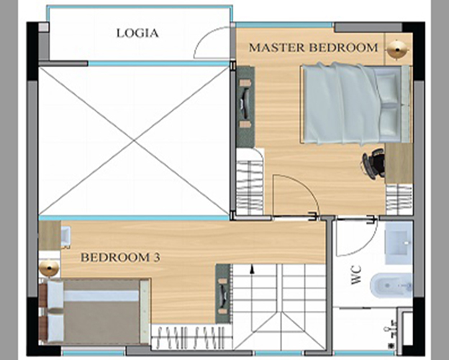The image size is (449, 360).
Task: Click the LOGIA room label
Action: [137, 33]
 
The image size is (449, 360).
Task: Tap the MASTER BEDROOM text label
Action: [313, 48]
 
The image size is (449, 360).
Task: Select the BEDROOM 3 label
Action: [120, 257]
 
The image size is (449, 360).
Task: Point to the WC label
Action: [356, 275]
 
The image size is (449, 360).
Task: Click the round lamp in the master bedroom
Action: [397, 50]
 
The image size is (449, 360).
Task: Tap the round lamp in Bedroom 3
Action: [49, 268]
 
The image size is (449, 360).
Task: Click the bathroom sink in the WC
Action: [399, 243]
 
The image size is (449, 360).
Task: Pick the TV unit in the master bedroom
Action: [245, 107]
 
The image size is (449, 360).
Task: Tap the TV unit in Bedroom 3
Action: [223, 294]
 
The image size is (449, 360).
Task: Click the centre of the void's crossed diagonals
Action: [134, 140]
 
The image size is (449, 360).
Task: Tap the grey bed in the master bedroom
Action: [356, 104]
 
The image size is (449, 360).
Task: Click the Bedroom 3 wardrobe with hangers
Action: [191, 336]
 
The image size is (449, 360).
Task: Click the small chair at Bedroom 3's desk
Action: [65, 237]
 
